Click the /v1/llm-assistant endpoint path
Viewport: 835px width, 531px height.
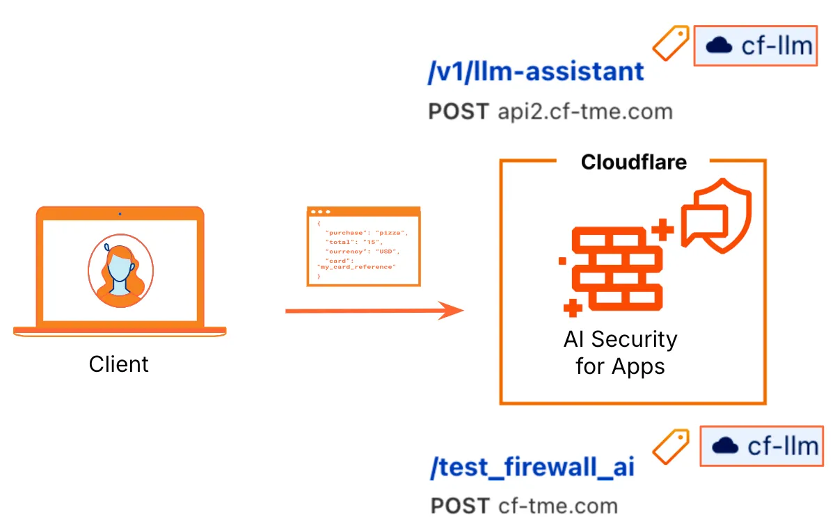[x=536, y=72]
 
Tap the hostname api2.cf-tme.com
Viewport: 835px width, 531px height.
[x=585, y=111]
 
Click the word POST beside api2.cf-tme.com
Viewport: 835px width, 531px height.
[x=459, y=111]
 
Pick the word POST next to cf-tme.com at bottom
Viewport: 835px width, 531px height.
[x=460, y=505]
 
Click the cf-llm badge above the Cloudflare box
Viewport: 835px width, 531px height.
[x=756, y=47]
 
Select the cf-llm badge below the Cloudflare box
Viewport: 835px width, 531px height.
[x=761, y=446]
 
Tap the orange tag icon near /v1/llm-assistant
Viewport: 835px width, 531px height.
[x=670, y=43]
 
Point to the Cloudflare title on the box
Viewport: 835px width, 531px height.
[x=633, y=162]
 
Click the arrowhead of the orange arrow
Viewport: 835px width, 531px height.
[x=453, y=310]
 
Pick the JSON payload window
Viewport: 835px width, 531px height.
[x=364, y=247]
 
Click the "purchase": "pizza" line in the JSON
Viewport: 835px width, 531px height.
[x=365, y=232]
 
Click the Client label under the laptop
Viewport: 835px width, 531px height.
[x=119, y=364]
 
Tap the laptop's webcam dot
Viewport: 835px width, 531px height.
[x=120, y=213]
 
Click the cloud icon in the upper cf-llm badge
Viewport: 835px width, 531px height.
[x=719, y=47]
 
